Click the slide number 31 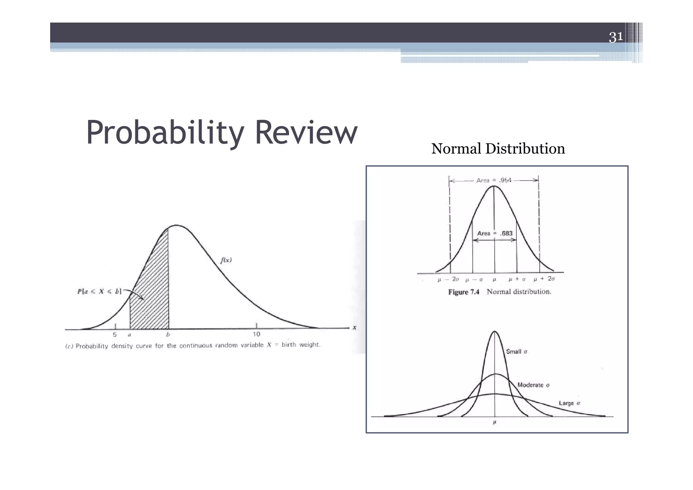(x=616, y=37)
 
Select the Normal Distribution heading (x=498, y=149)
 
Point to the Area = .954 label (x=494, y=180)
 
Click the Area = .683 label (x=495, y=233)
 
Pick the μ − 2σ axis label (x=448, y=279)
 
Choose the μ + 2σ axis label (x=544, y=279)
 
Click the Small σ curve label (x=516, y=351)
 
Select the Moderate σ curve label (x=533, y=385)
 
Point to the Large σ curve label (x=569, y=403)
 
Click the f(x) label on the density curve (x=226, y=260)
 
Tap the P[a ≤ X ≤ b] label (x=99, y=291)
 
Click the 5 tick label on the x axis (x=115, y=335)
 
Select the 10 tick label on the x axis (x=256, y=334)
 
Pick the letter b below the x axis (x=168, y=335)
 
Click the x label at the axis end (x=354, y=327)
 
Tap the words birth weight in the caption (x=300, y=345)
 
